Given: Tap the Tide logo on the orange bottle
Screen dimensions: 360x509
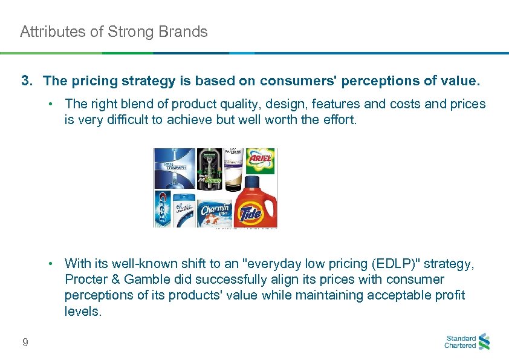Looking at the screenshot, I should (252, 214).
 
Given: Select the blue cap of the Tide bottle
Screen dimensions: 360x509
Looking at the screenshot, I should (255, 182).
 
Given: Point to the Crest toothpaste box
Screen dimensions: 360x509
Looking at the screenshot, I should (162, 209).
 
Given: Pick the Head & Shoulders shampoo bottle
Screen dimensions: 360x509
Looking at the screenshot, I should (185, 210).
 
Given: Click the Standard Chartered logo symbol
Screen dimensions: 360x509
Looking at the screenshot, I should (484, 342).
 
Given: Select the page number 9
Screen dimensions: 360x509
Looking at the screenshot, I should (25, 343).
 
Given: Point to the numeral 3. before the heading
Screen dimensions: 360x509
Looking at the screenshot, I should (27, 81).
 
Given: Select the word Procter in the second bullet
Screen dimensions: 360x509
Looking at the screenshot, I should (85, 280).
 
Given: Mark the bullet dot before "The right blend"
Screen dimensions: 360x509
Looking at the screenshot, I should (53, 104).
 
